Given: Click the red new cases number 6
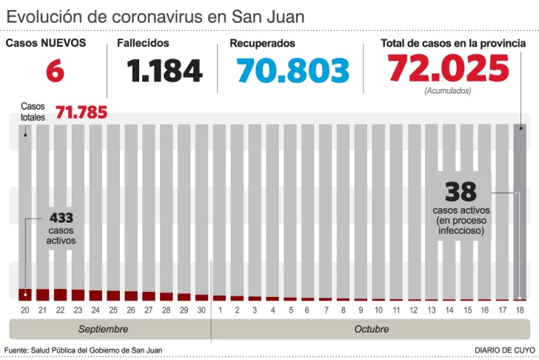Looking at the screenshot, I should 54,71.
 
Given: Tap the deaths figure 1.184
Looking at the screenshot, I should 164,71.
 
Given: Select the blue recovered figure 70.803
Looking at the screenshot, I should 292,71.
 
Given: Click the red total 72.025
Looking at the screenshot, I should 449,70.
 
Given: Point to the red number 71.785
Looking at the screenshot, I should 81,113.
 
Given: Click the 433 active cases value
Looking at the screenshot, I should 61,219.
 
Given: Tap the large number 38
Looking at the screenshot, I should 461,193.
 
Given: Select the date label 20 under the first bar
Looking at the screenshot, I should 24,310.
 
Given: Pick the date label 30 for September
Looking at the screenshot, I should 201,310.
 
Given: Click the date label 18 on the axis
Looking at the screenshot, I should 520,310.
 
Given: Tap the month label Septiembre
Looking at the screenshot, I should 104,329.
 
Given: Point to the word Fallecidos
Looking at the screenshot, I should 143,44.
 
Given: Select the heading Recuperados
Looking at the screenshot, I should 262,44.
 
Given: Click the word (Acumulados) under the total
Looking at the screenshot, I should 448,91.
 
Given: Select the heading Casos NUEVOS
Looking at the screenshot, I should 46,43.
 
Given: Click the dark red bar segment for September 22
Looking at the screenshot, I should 60,295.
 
